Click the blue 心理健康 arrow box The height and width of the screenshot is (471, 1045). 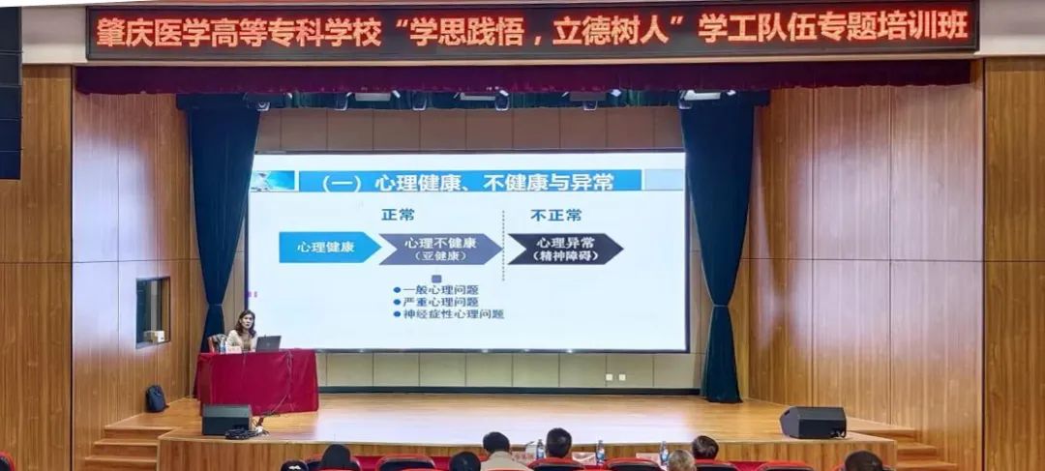(x=329, y=248)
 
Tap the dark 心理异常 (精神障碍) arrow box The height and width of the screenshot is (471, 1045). (x=565, y=249)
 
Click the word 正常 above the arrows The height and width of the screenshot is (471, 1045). (x=398, y=215)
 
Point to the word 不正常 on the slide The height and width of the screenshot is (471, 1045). (x=555, y=215)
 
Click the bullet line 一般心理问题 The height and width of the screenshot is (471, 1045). (x=435, y=290)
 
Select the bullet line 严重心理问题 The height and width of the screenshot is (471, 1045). (x=435, y=302)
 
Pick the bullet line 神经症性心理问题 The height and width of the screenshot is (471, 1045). (x=449, y=313)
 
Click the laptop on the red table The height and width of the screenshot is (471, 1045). (x=268, y=343)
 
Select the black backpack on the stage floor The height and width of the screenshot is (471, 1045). (x=156, y=398)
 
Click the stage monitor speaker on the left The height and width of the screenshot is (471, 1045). (x=226, y=419)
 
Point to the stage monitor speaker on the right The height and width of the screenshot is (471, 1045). (x=813, y=423)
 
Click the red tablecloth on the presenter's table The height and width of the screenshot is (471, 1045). (x=257, y=382)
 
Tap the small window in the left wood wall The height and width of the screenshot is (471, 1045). (x=153, y=311)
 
